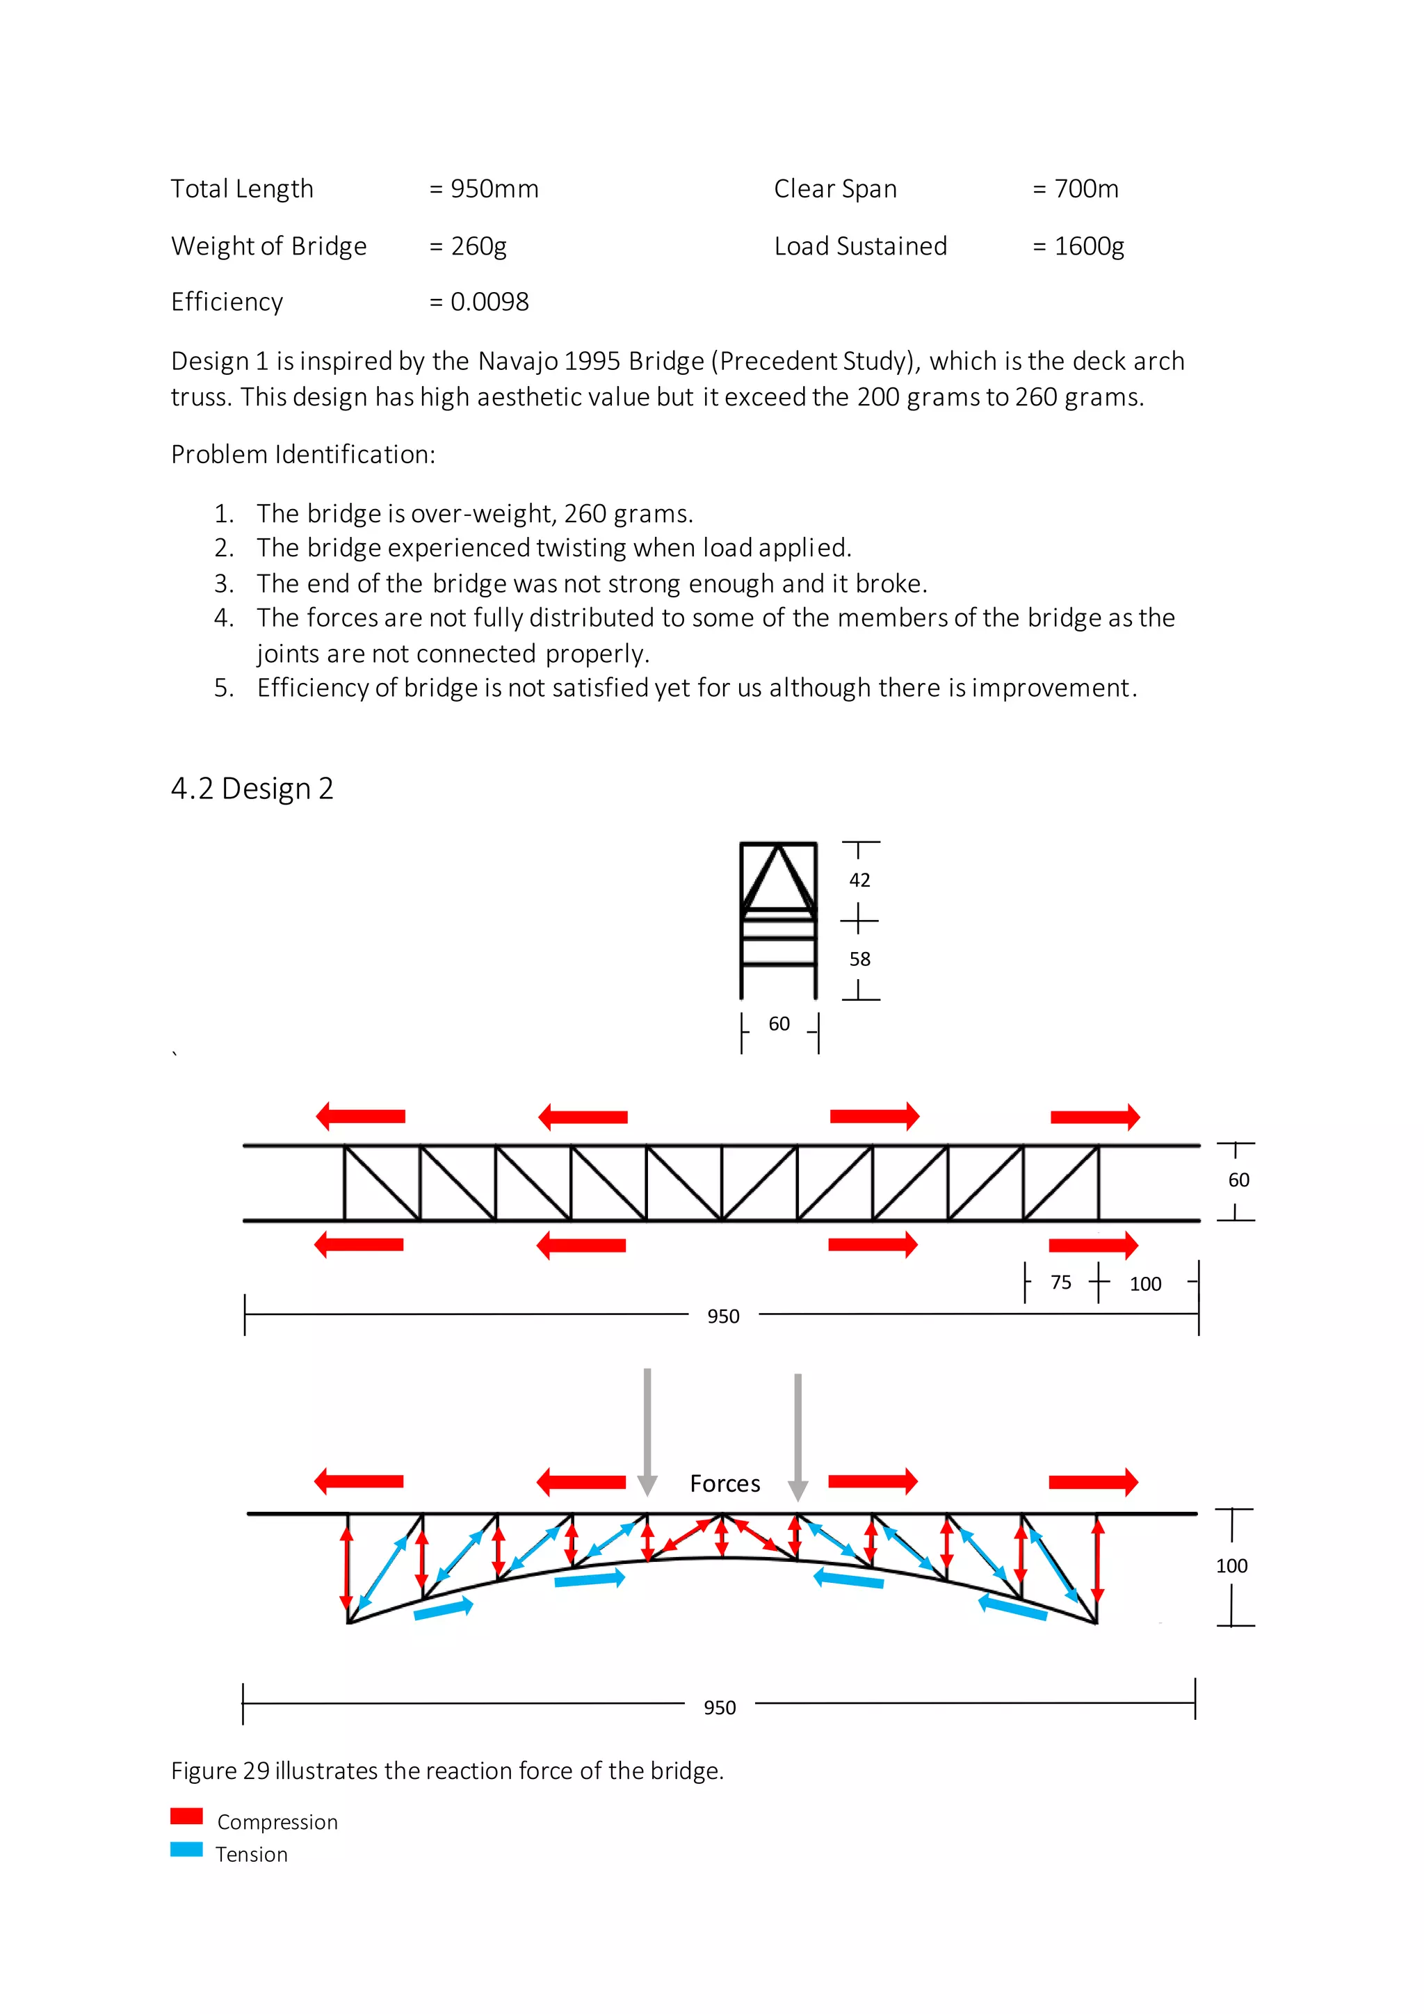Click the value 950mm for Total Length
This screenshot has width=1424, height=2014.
pyautogui.click(x=494, y=189)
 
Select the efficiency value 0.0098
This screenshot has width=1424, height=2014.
pyautogui.click(x=489, y=302)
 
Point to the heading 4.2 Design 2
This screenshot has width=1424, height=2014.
pyautogui.click(x=252, y=789)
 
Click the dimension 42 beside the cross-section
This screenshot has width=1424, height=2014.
pyautogui.click(x=859, y=880)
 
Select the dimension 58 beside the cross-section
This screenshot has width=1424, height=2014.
pyautogui.click(x=859, y=959)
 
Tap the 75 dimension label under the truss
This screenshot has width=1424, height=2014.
pyautogui.click(x=1060, y=1282)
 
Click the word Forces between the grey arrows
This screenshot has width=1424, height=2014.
pyautogui.click(x=725, y=1483)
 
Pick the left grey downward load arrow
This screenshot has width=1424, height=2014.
pyautogui.click(x=647, y=1430)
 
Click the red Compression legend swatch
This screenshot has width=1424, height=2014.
pyautogui.click(x=187, y=1816)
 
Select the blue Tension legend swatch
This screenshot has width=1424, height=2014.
pyautogui.click(x=187, y=1849)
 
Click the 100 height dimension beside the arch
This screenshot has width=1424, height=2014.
pyautogui.click(x=1231, y=1565)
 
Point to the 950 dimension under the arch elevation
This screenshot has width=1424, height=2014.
pyautogui.click(x=719, y=1707)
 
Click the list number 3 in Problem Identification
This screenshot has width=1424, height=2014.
pyautogui.click(x=224, y=583)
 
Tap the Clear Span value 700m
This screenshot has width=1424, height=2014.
pyautogui.click(x=1085, y=189)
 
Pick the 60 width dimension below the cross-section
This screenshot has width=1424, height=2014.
pyautogui.click(x=779, y=1024)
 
